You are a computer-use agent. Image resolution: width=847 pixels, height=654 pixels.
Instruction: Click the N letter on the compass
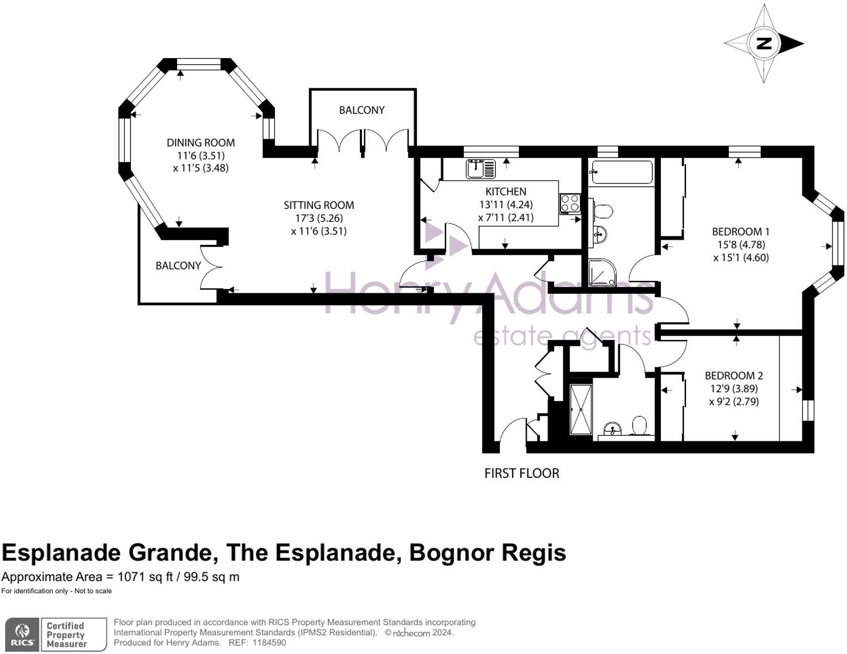click(764, 44)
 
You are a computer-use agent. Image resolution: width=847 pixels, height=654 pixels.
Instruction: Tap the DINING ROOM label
click(201, 142)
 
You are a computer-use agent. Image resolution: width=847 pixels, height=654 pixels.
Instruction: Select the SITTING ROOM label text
click(319, 205)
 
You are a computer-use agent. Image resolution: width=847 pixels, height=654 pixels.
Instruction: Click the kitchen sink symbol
click(480, 169)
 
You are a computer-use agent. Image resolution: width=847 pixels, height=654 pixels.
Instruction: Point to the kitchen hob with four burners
click(570, 204)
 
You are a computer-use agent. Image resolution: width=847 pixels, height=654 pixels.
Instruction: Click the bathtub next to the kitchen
click(622, 172)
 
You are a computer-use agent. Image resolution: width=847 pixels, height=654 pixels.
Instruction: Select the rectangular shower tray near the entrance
click(581, 409)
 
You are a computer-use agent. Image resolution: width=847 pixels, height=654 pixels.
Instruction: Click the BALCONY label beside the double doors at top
click(361, 110)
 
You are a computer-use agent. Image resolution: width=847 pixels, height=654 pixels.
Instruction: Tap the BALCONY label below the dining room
click(178, 265)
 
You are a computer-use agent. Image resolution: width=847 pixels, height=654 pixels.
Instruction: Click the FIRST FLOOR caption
click(521, 473)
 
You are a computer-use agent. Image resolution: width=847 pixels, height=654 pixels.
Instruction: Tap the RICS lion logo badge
click(23, 634)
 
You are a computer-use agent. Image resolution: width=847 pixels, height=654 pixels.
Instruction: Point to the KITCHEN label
click(506, 191)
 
